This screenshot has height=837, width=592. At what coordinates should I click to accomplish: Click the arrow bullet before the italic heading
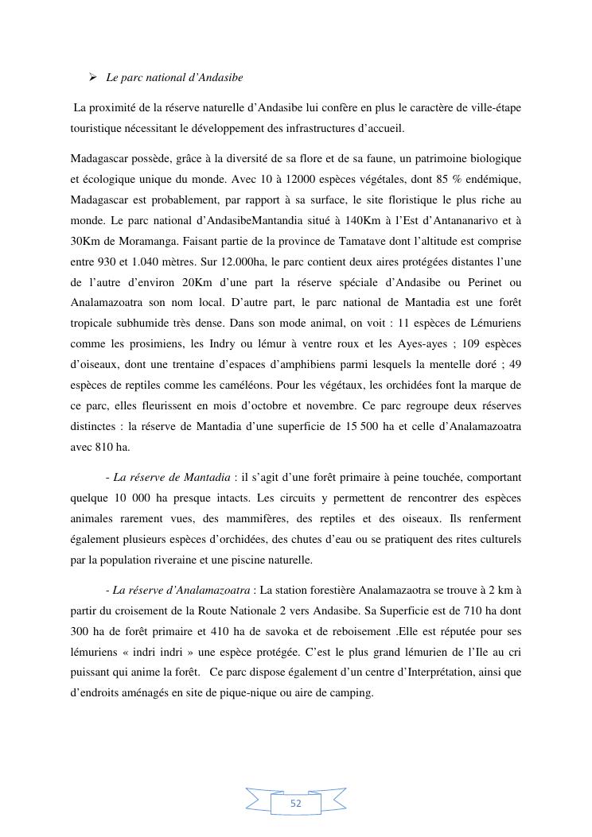pos(93,77)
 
